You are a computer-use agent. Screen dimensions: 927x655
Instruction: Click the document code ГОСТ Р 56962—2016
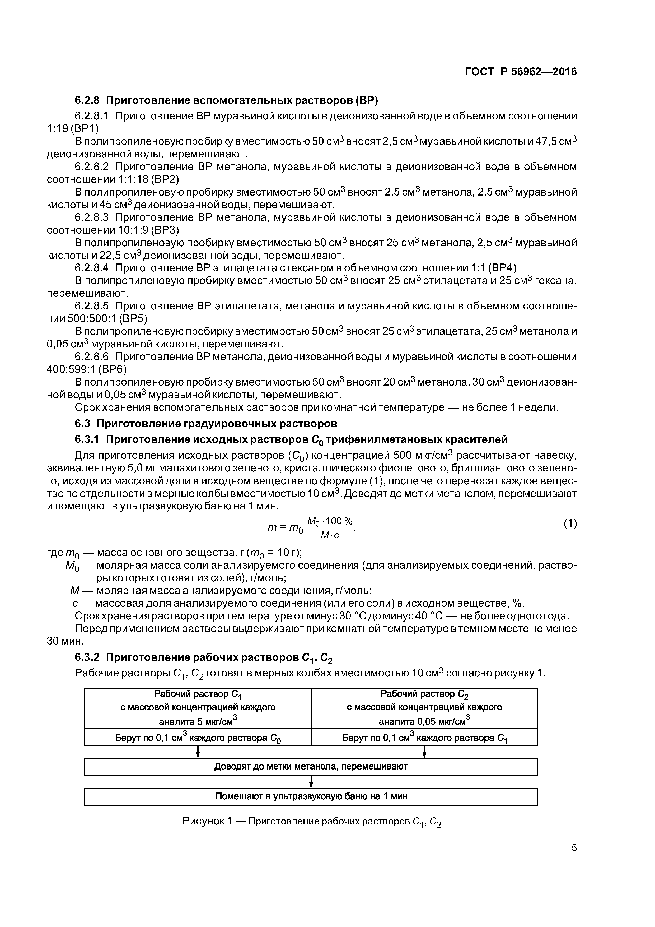[x=521, y=72]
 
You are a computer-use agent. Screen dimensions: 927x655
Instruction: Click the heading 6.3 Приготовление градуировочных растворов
[x=206, y=424]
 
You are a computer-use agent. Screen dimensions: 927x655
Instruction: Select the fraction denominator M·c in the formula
[x=330, y=535]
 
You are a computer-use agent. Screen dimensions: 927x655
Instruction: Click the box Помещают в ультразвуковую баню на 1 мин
[x=311, y=796]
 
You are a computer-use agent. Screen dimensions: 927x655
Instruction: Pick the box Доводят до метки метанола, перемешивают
[x=311, y=766]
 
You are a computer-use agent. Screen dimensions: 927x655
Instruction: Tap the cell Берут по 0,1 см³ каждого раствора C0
[x=198, y=738]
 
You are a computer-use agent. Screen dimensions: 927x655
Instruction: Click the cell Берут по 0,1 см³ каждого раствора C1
[x=424, y=738]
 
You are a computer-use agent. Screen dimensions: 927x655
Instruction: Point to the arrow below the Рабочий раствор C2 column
[x=424, y=752]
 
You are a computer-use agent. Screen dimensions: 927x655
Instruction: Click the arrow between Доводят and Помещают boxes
[x=311, y=782]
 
